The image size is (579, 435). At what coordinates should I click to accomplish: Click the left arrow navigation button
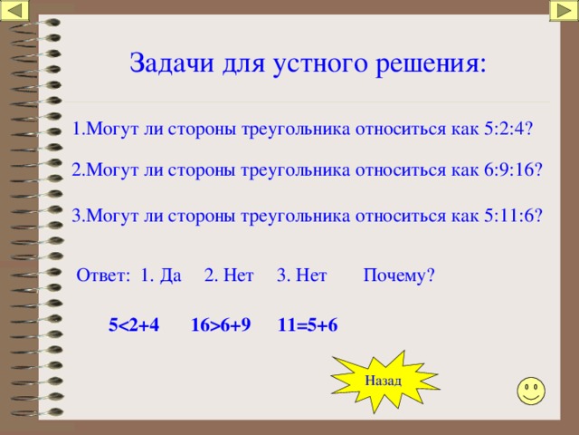click(x=14, y=11)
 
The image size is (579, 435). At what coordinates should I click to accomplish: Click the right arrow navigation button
click(x=564, y=11)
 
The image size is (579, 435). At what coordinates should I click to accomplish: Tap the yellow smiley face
click(x=531, y=391)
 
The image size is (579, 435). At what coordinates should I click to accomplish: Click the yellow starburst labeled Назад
click(x=384, y=381)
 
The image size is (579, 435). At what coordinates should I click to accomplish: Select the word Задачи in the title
click(x=172, y=63)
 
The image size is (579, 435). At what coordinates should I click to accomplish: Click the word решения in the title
click(x=431, y=64)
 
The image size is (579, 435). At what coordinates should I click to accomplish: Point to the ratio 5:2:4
click(x=508, y=129)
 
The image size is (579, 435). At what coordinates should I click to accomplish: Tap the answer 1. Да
click(x=161, y=275)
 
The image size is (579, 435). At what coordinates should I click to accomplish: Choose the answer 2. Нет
click(x=229, y=275)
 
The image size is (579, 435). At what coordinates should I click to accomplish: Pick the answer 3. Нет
click(x=302, y=275)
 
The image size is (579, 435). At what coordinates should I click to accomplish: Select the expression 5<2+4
click(x=134, y=325)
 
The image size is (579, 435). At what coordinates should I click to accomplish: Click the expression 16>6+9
click(x=221, y=325)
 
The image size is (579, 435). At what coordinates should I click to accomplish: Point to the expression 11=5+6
click(x=308, y=325)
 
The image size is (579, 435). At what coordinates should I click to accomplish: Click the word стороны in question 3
click(x=202, y=216)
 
